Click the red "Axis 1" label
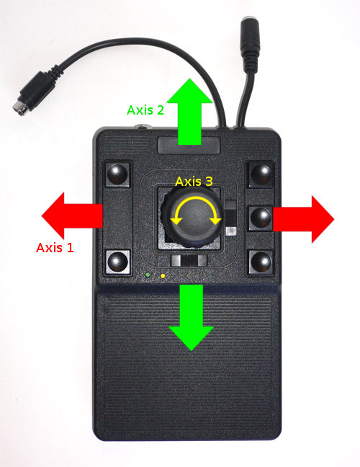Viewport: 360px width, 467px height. (x=55, y=248)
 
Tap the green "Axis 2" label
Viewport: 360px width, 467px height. (x=145, y=110)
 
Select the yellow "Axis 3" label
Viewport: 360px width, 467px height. (x=194, y=182)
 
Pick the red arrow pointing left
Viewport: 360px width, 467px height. (x=72, y=215)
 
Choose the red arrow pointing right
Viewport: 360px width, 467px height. (x=303, y=219)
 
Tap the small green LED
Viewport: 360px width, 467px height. (x=148, y=275)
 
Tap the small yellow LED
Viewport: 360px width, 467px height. (x=163, y=276)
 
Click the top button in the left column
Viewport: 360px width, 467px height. (x=117, y=174)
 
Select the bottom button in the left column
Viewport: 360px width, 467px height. (x=117, y=262)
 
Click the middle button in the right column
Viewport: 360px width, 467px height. (x=261, y=218)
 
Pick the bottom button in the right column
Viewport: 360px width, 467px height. (x=261, y=262)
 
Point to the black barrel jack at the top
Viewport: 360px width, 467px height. (x=250, y=44)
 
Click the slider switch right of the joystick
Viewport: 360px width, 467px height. (x=231, y=218)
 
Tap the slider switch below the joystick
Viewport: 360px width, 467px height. (x=189, y=260)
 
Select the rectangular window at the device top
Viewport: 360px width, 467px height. (x=189, y=146)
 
